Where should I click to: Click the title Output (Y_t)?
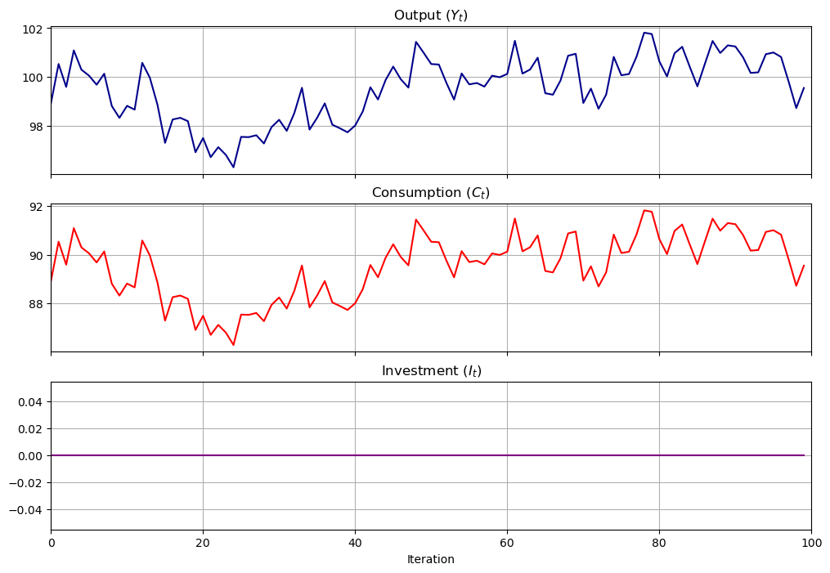coord(431,16)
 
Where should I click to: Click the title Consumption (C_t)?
coord(431,193)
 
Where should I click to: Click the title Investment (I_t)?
coord(431,371)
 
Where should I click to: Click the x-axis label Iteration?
coord(431,560)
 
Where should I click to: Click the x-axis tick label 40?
coord(355,542)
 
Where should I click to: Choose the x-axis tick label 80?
coord(659,542)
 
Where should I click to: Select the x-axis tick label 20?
coord(203,542)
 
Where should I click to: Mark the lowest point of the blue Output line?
coord(233,168)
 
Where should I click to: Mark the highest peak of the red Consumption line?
coord(644,210)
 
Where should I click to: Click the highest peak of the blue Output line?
coord(644,33)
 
